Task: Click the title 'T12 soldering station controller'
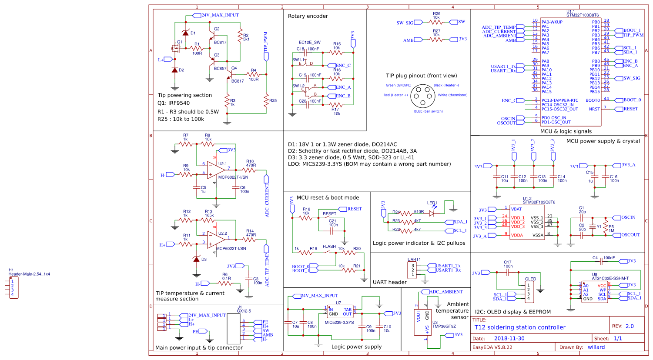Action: (520, 327)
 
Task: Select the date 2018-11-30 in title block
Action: (509, 338)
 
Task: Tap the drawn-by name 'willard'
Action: (596, 347)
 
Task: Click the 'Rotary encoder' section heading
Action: (308, 16)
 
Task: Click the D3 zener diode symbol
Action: (197, 259)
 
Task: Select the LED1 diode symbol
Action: (432, 213)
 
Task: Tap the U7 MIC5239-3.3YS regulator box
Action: (340, 311)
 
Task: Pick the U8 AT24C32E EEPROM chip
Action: (594, 292)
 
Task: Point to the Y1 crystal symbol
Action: (592, 227)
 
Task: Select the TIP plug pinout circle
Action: (422, 95)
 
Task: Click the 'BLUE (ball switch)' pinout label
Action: (428, 111)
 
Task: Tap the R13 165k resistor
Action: (209, 220)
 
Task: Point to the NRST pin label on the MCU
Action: (594, 109)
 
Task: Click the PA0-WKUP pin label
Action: (552, 22)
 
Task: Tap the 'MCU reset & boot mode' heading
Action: (328, 198)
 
